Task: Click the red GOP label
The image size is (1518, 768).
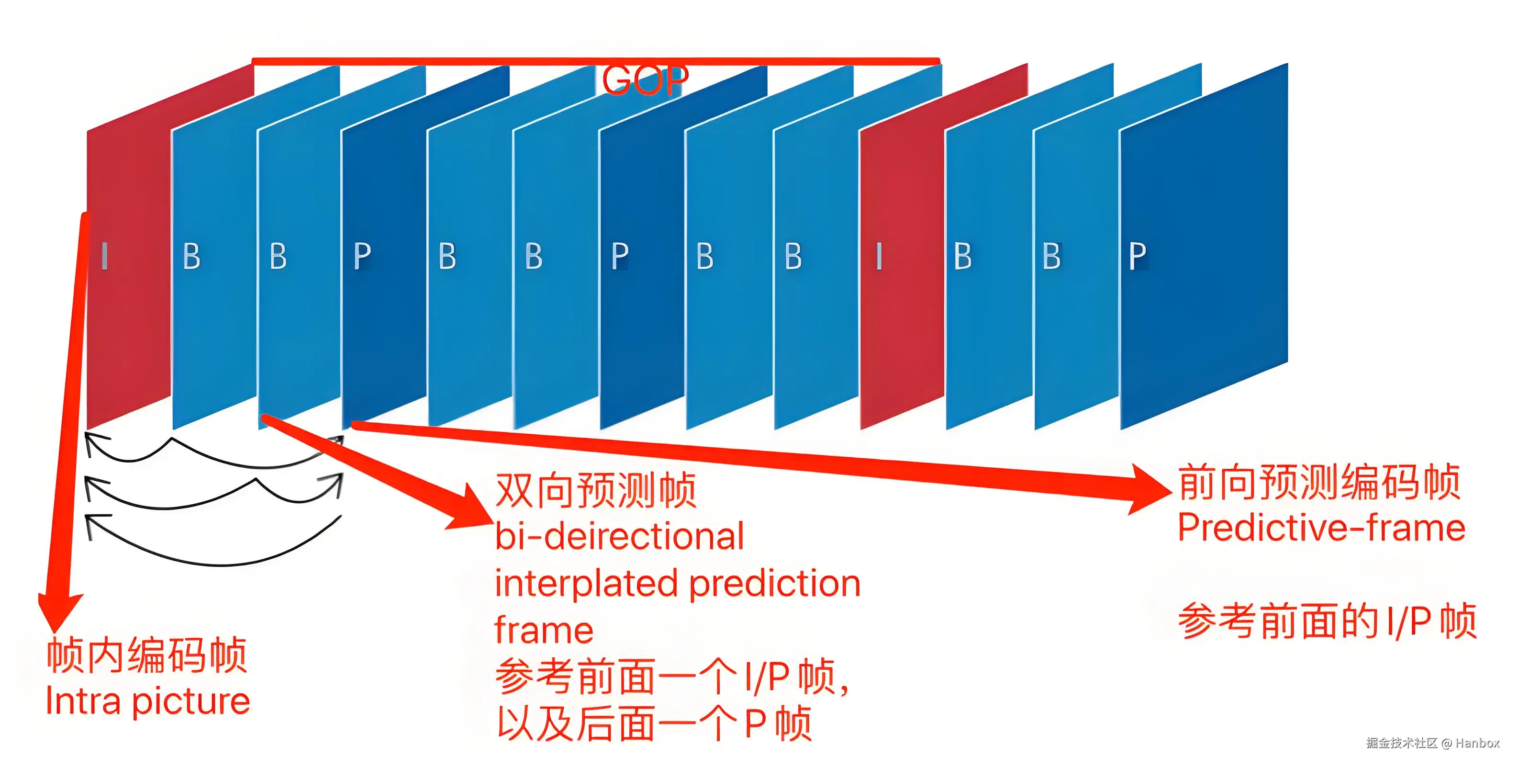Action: (x=645, y=79)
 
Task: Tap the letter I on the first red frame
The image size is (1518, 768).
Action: (x=104, y=256)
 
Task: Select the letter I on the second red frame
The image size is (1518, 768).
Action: (x=879, y=256)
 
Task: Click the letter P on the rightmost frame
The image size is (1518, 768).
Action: (x=1138, y=256)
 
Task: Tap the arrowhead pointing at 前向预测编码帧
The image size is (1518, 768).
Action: (x=1149, y=489)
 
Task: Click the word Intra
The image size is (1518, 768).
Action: (x=82, y=701)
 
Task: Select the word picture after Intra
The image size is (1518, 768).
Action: (x=191, y=702)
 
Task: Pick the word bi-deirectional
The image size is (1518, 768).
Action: (x=619, y=536)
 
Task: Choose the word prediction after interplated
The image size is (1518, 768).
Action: (x=775, y=585)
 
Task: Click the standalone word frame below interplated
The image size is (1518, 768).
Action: (x=543, y=630)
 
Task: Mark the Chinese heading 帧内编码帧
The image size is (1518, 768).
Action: (x=146, y=655)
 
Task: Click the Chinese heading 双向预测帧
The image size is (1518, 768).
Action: (x=596, y=490)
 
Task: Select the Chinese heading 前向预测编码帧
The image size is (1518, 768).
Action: (x=1319, y=483)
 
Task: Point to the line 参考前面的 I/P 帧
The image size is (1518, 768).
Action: (x=1327, y=621)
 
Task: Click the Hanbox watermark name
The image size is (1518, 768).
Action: (x=1477, y=743)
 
